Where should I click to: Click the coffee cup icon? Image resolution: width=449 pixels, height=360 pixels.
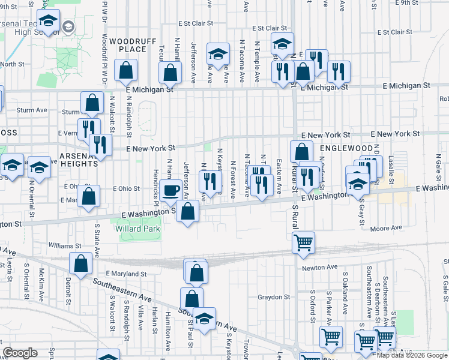(170, 190)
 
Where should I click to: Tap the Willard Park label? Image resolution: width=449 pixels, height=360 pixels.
(139, 229)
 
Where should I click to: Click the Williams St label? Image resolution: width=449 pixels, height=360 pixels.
(65, 246)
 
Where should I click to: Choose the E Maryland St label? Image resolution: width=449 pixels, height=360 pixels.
(126, 274)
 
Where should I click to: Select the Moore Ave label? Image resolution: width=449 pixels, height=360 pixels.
(386, 228)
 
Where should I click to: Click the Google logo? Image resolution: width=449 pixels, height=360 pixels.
(20, 353)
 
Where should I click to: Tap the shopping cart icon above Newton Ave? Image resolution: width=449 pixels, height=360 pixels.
(304, 242)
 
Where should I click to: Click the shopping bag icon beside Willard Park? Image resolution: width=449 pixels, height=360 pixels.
(188, 211)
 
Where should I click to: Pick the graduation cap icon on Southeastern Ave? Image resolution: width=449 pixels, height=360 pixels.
(204, 317)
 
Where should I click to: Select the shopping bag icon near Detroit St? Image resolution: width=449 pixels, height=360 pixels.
(80, 263)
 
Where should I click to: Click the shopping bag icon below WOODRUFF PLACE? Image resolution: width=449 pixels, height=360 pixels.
(126, 71)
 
